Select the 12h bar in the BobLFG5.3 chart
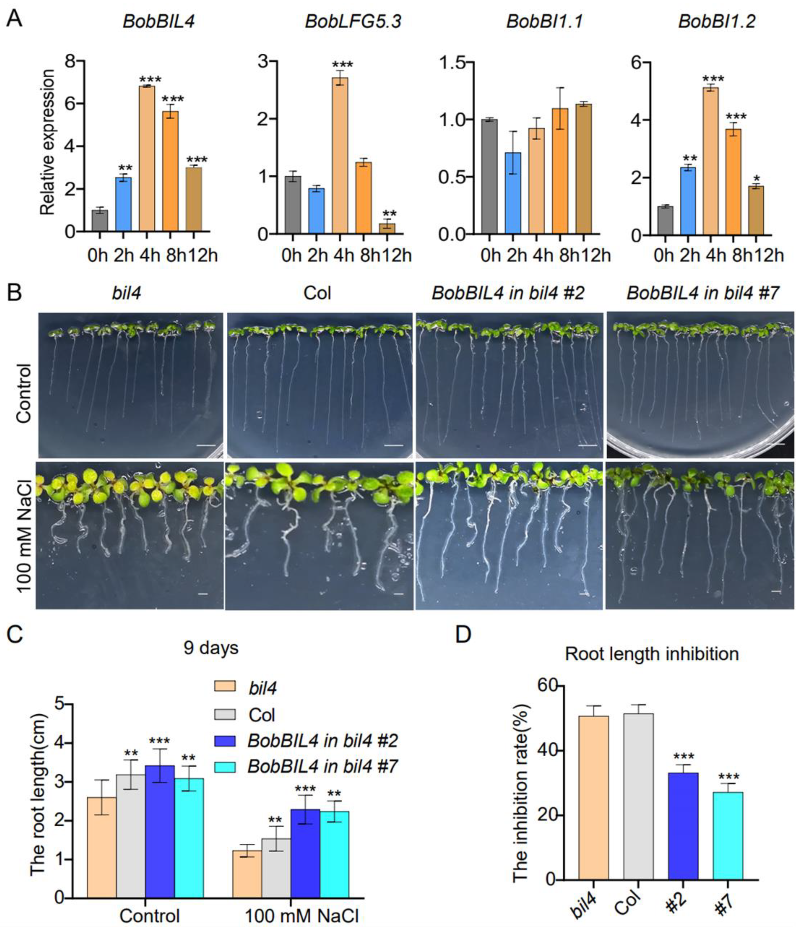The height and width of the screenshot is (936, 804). pos(387,228)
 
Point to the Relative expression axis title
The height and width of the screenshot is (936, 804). pos(47,142)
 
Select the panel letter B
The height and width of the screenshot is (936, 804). pos(15,293)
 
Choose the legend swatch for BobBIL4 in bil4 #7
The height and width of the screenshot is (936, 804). pos(224,767)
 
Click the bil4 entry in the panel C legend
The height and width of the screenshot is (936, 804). pos(262,688)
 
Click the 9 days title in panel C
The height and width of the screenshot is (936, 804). pos(211,648)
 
